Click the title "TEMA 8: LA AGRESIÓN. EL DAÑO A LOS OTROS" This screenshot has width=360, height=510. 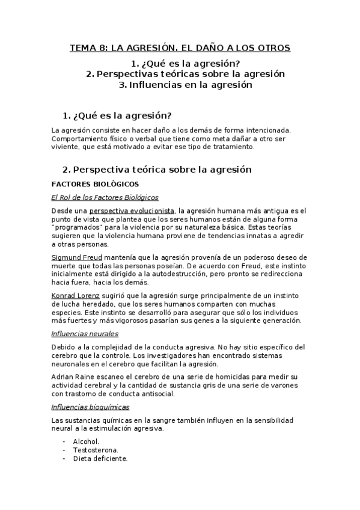tap(180, 48)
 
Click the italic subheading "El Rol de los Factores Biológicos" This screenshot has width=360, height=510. tap(105, 197)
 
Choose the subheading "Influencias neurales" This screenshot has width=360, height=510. tap(85, 333)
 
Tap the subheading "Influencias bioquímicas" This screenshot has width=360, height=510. tap(91, 407)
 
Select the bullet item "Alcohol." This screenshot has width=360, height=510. tap(87, 441)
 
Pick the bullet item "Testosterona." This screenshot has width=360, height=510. tap(96, 449)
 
